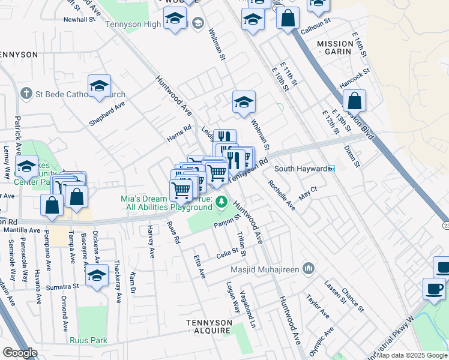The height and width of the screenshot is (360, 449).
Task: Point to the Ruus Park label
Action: coord(88,341)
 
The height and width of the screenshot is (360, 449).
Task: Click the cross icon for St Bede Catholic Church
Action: coord(26,94)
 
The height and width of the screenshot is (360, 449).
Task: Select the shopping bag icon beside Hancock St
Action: coord(355,101)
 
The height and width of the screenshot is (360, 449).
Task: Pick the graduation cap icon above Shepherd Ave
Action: coord(99,86)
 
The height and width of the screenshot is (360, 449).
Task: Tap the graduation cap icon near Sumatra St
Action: coord(96,275)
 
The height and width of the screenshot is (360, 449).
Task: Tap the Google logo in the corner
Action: coord(20,353)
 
